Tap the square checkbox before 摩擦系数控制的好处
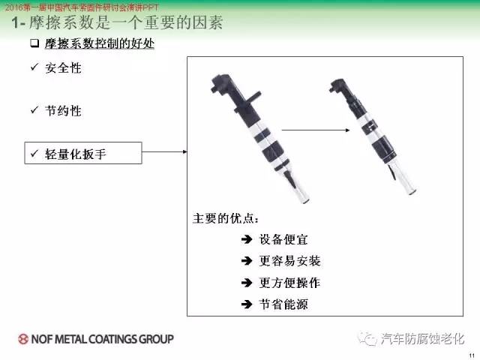click(x=34, y=43)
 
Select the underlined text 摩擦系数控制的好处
click(x=100, y=43)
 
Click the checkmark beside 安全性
click(x=34, y=67)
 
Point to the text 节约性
click(x=63, y=111)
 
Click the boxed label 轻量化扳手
click(x=83, y=153)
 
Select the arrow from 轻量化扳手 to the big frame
click(x=165, y=151)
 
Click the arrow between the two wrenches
click(x=316, y=130)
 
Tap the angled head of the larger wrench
click(x=222, y=83)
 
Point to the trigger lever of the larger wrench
click(x=289, y=179)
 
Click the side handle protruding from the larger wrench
click(x=252, y=97)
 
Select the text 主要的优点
click(x=226, y=218)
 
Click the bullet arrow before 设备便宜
click(x=247, y=239)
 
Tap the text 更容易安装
click(x=290, y=261)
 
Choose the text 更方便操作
click(x=290, y=283)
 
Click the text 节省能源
click(x=283, y=304)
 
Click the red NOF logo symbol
click(x=23, y=339)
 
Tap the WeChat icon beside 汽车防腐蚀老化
click(x=367, y=338)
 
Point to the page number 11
click(x=472, y=355)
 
